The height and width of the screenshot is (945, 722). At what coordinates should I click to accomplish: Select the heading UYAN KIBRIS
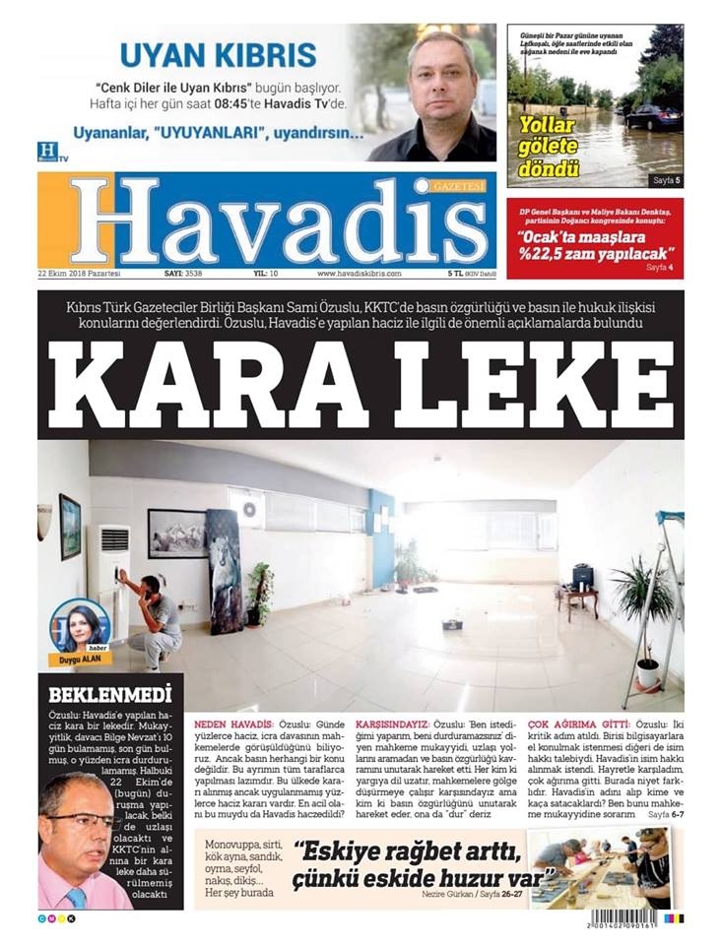point(218,54)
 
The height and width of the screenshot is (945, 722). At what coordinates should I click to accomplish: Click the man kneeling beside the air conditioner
point(153,615)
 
